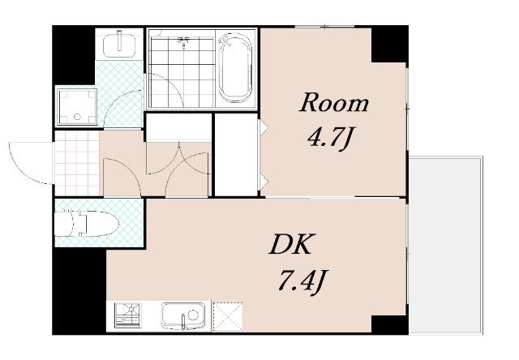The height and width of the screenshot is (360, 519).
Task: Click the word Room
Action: coord(333,103)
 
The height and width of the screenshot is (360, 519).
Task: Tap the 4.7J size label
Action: coord(328,139)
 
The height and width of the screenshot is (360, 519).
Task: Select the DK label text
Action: coord(291,245)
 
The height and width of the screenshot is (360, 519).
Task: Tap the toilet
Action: coord(87,224)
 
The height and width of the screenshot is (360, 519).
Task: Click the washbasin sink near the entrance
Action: coord(119,45)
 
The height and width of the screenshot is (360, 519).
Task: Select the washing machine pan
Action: coord(78,106)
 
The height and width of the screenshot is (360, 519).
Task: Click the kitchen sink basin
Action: coord(183,315)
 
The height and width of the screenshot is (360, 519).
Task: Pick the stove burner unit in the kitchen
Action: coord(127,315)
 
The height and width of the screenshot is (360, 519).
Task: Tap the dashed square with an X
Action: coord(228,316)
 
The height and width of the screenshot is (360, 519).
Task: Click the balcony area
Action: coord(445,245)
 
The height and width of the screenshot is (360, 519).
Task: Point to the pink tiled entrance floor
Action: coord(77,164)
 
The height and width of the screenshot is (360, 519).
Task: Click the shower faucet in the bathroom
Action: coord(183,41)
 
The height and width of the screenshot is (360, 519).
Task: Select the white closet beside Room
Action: coord(236,155)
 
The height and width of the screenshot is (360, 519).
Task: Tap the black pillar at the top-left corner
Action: coord(74,54)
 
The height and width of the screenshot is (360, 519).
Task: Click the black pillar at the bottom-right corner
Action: coord(389,324)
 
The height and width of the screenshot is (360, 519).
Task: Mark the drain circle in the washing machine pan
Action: coord(77,117)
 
